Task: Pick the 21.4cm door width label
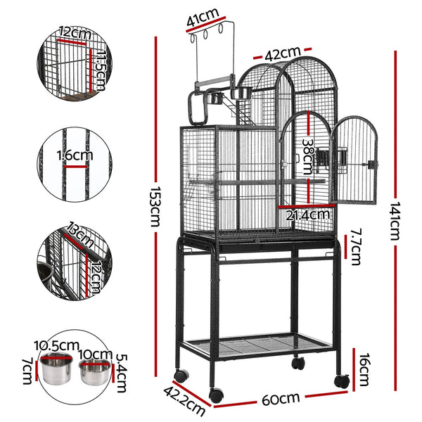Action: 309,214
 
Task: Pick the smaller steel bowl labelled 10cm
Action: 94,371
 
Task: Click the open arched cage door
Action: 354,161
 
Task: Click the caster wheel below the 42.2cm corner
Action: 216,395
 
